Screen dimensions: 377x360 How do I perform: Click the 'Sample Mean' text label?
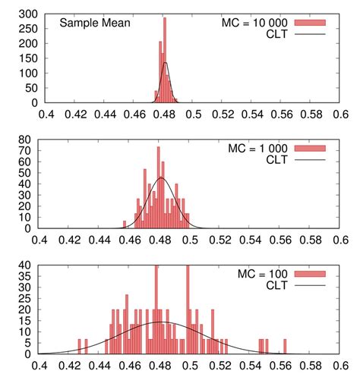coord(95,23)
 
